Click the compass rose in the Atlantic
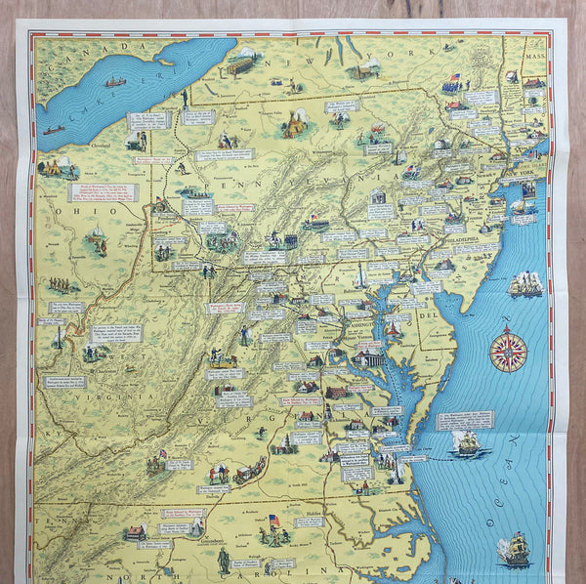(507, 351)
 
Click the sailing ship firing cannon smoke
(524, 284)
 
